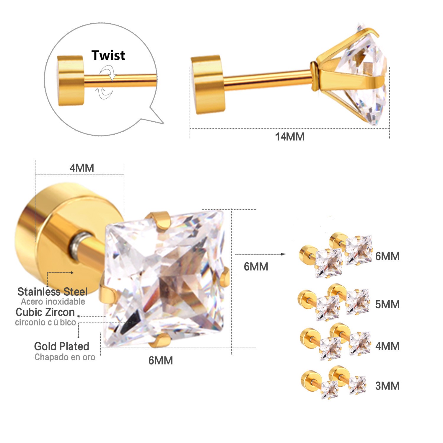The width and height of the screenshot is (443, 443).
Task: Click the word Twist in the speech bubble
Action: tap(108, 55)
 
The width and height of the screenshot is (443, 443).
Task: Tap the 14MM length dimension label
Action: tap(290, 137)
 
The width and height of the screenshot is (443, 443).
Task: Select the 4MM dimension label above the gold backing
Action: tap(82, 168)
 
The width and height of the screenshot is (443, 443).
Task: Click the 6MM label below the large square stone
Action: tap(161, 361)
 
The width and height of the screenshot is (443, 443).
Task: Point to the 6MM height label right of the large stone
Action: tap(256, 267)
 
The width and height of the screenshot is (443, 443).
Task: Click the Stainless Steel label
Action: tap(53, 292)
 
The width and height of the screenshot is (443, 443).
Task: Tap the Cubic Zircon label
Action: tap(45, 312)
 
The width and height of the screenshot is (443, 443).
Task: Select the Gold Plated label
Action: tap(62, 346)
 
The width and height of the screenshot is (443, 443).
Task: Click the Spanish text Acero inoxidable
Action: tap(53, 302)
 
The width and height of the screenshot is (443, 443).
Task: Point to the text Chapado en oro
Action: tap(65, 357)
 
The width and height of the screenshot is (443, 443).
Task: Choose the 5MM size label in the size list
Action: tap(387, 304)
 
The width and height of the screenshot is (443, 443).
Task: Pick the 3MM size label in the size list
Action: tap(387, 386)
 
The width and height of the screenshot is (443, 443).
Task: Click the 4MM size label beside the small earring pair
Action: tap(387, 346)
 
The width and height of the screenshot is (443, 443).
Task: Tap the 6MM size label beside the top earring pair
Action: tap(387, 256)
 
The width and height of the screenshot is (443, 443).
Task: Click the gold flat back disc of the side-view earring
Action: tap(209, 84)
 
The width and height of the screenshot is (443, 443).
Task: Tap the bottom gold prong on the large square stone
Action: tap(159, 340)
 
